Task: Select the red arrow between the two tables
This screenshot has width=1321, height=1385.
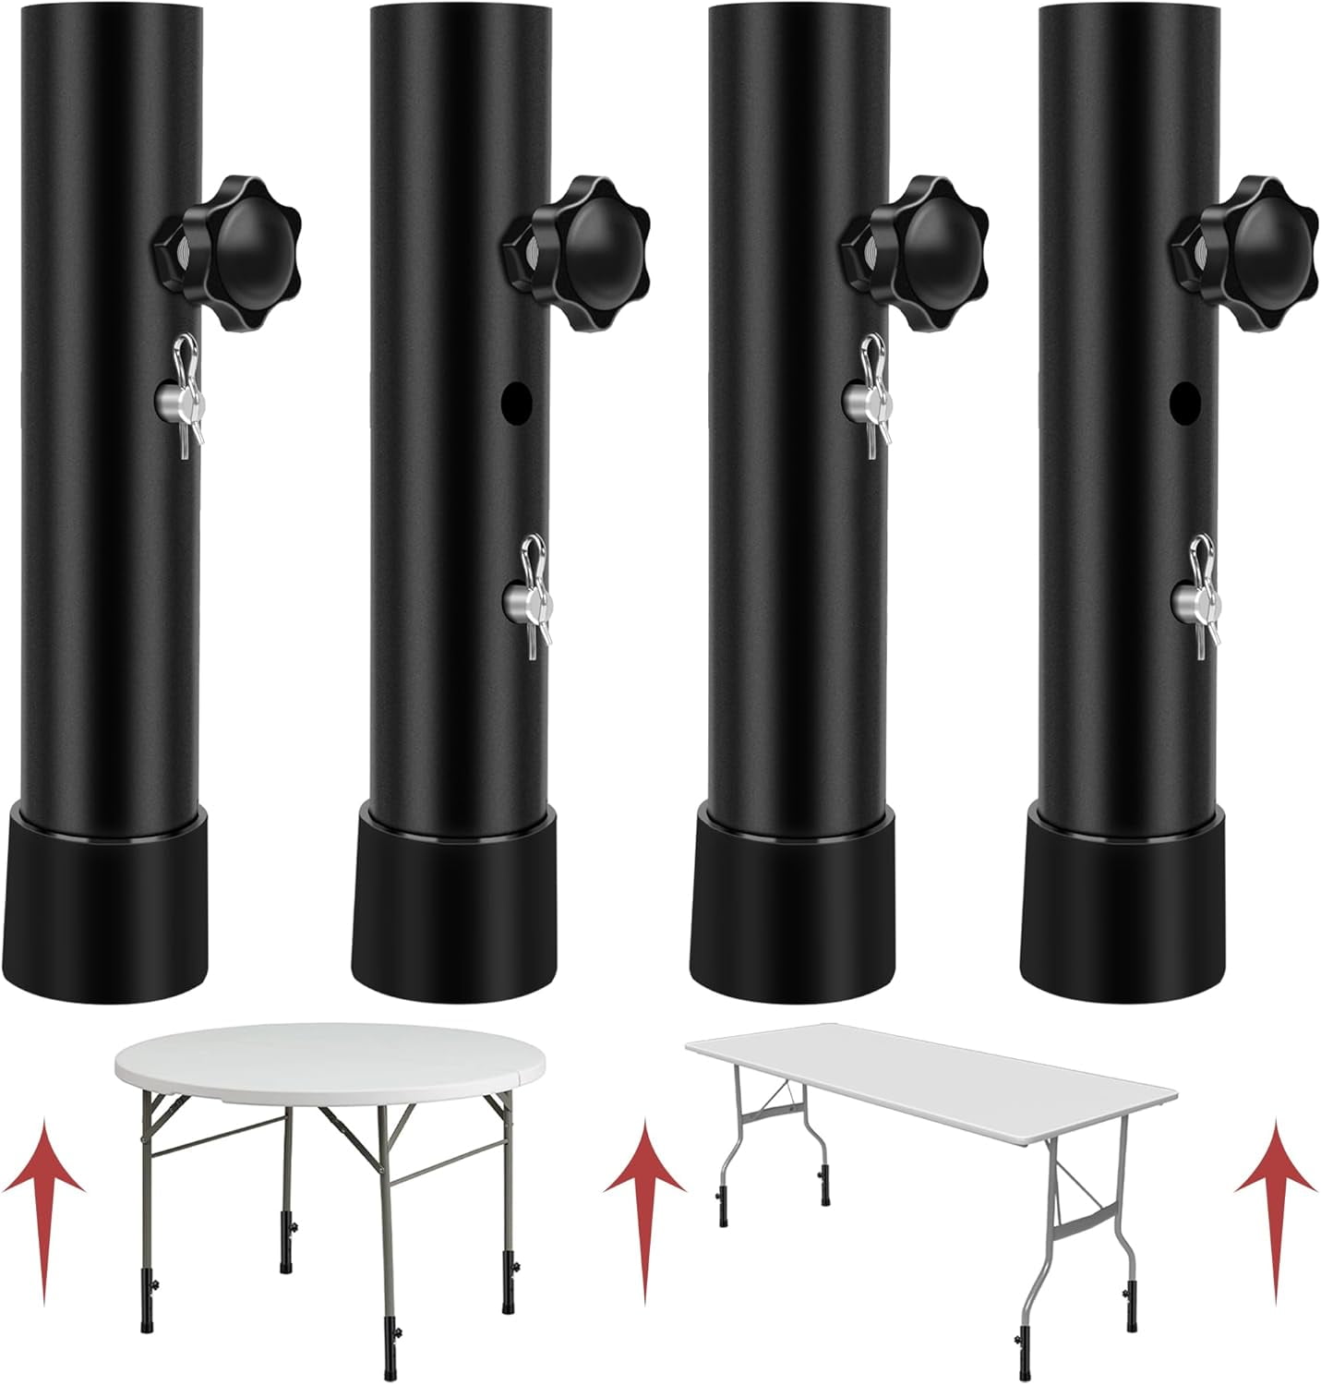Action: pos(644,1200)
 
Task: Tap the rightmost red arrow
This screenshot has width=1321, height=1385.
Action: pos(1276,1200)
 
